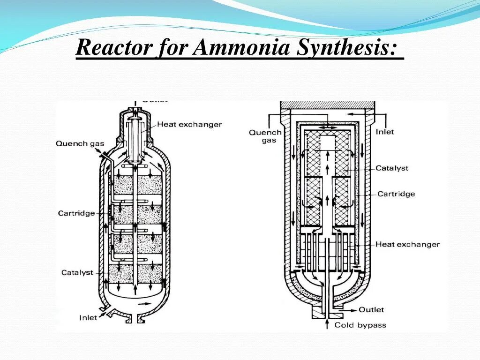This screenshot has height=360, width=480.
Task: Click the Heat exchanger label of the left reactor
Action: (189, 124)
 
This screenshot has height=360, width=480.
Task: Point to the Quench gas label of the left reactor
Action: (80, 143)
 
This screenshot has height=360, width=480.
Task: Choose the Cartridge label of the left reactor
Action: (76, 213)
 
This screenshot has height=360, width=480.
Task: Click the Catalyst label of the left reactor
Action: (77, 272)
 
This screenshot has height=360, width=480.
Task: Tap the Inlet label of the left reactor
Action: (88, 317)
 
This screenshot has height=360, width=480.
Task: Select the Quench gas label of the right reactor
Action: (265, 136)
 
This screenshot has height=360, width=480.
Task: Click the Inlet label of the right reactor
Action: (385, 132)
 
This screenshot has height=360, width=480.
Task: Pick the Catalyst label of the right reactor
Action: (392, 168)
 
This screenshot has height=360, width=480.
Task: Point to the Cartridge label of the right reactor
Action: (396, 194)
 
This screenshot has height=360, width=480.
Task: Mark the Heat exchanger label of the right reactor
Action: (407, 244)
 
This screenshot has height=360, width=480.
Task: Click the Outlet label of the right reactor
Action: (371, 309)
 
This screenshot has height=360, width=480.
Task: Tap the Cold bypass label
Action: (360, 325)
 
